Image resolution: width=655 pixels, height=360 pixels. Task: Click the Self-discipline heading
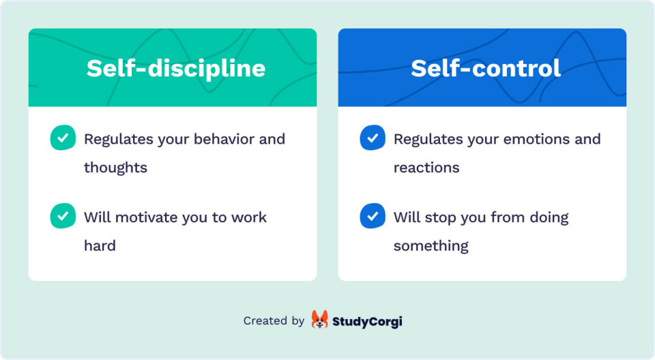click(175, 68)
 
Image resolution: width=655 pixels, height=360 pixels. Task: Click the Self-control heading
click(485, 68)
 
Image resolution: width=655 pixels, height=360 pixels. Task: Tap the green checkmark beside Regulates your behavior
click(63, 138)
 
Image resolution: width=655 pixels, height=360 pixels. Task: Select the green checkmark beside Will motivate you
click(63, 216)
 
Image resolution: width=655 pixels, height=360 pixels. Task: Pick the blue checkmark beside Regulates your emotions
click(373, 138)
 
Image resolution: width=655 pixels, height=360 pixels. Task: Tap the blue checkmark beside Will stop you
click(373, 216)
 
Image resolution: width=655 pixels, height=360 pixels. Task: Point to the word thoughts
click(115, 168)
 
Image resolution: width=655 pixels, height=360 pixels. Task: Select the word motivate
click(146, 217)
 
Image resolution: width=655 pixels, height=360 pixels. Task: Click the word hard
click(100, 245)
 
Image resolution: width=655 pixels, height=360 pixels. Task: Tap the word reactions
click(426, 168)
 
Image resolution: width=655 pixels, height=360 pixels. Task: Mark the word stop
click(439, 218)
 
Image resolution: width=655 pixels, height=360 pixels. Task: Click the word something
click(431, 246)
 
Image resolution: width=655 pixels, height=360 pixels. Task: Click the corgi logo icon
click(319, 320)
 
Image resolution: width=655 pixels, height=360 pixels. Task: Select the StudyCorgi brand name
click(367, 320)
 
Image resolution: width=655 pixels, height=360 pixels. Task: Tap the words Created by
click(274, 320)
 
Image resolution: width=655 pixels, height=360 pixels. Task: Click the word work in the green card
click(248, 217)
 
